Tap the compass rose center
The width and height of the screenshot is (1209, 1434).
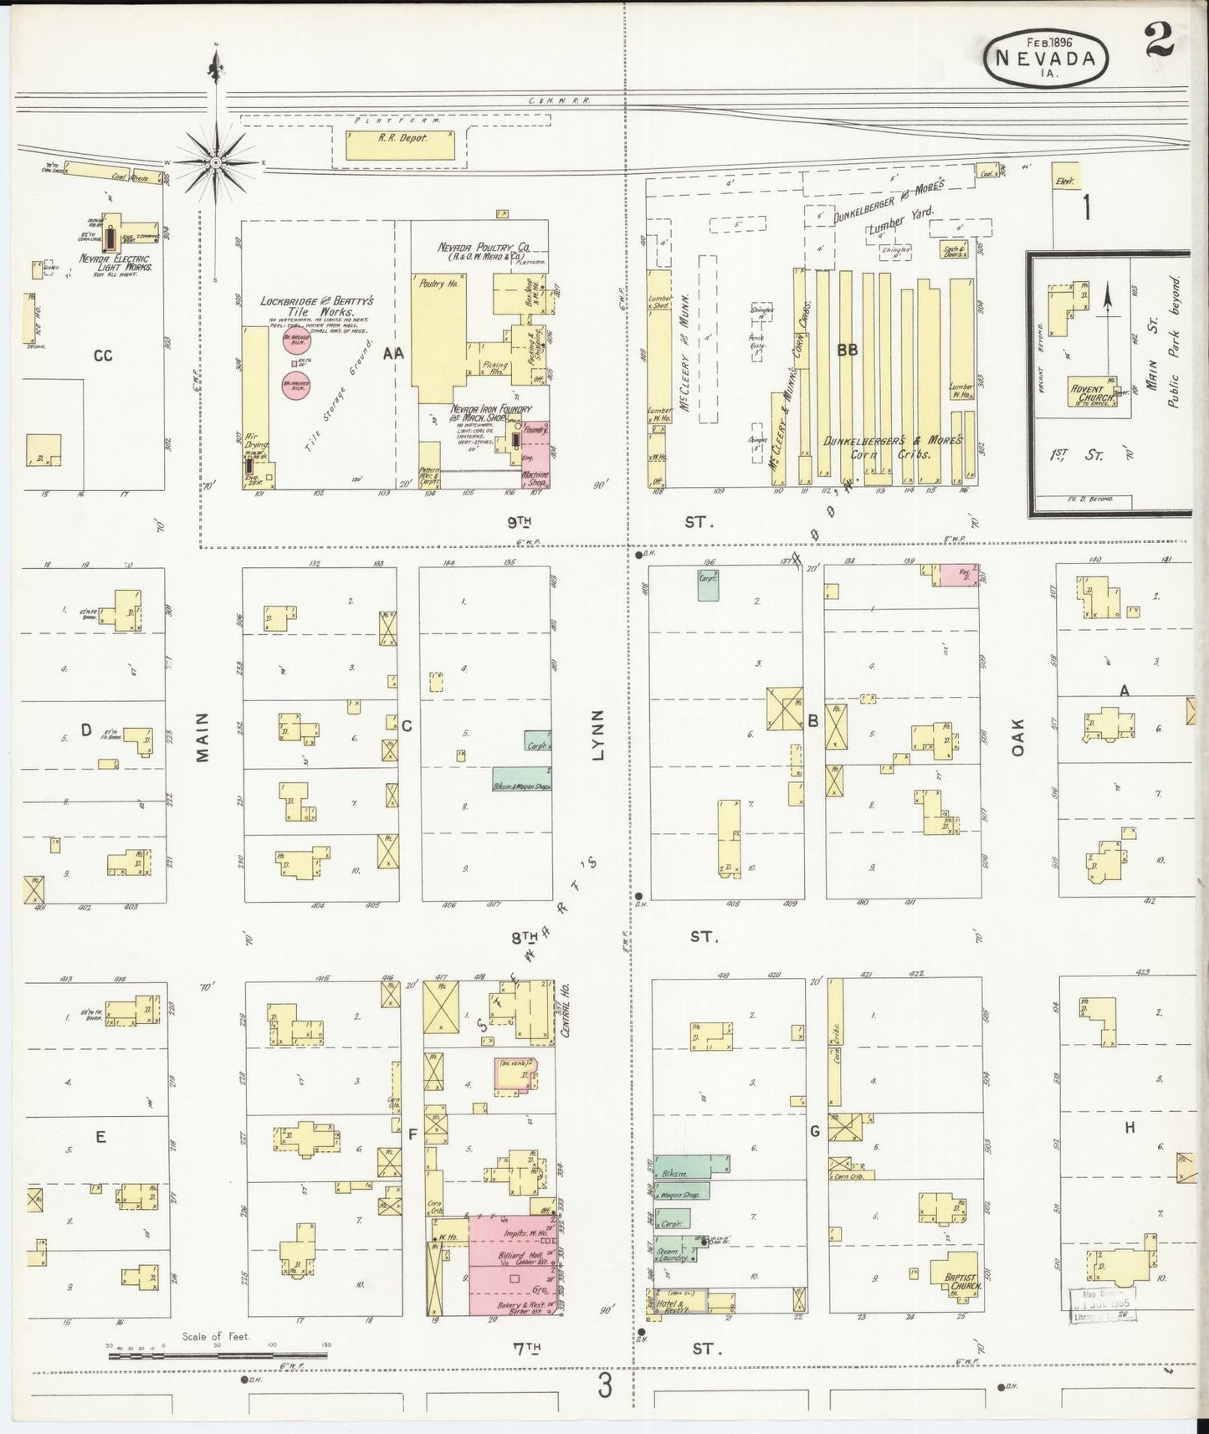click(x=216, y=161)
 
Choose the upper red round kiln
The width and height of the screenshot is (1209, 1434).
click(x=300, y=341)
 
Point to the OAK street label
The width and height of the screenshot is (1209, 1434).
click(x=1017, y=739)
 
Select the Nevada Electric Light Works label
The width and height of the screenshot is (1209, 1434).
click(x=115, y=264)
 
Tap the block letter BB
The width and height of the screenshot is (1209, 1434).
click(x=847, y=351)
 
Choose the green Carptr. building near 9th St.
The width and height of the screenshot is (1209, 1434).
click(x=710, y=584)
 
